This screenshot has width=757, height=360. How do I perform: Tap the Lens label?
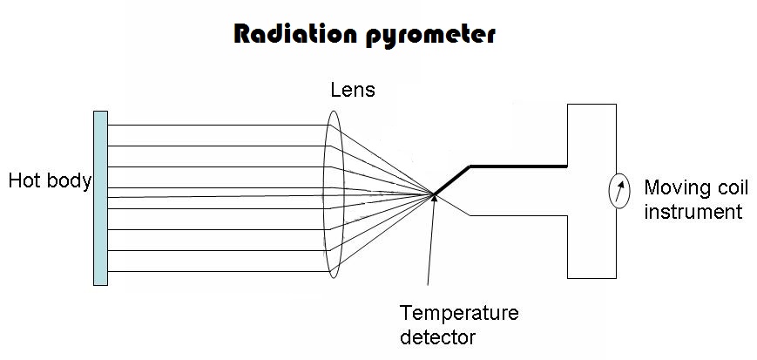[353, 89]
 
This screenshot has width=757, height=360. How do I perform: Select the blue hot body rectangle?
[100, 198]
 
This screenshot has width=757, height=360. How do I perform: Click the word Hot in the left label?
[26, 181]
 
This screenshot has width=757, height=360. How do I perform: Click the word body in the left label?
[70, 181]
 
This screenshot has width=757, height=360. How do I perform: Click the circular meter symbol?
[617, 192]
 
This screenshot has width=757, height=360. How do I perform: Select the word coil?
[727, 187]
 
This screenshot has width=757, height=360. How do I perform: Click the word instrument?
[693, 212]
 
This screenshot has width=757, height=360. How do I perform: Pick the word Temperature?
[458, 313]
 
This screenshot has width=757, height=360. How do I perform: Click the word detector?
[438, 336]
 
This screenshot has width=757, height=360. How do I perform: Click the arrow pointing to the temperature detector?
[429, 244]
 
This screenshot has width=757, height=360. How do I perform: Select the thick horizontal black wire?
[518, 165]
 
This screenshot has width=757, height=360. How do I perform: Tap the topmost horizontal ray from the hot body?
[218, 125]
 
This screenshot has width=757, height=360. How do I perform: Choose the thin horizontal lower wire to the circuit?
[518, 214]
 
